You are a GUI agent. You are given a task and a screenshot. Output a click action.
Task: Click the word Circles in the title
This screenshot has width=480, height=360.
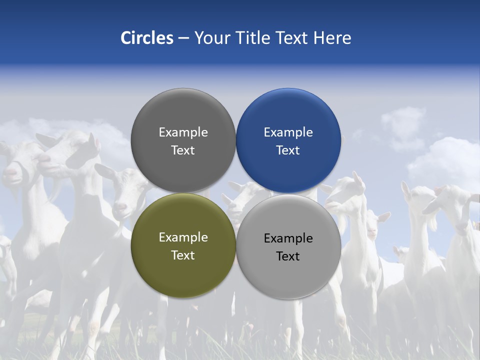click(147, 38)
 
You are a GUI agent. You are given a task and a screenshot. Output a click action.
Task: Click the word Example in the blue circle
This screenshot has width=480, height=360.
click(288, 132)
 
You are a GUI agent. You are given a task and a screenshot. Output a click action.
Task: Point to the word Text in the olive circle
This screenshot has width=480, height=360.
click(183, 255)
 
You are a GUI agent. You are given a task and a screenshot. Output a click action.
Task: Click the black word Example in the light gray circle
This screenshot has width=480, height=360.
click(288, 238)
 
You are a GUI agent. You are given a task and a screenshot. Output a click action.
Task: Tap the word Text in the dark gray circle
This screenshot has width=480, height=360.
click(183, 150)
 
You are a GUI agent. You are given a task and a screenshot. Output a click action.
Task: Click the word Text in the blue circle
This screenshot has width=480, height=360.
click(288, 150)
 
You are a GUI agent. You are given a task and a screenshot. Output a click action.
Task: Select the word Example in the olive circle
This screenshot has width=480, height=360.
click(183, 237)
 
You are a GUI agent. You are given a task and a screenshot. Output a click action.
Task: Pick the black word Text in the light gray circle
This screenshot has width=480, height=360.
click(288, 256)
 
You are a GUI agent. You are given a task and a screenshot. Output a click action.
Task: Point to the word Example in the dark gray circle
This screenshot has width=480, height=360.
click(183, 132)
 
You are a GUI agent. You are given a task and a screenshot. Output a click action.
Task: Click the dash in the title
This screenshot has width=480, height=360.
click(183, 38)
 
